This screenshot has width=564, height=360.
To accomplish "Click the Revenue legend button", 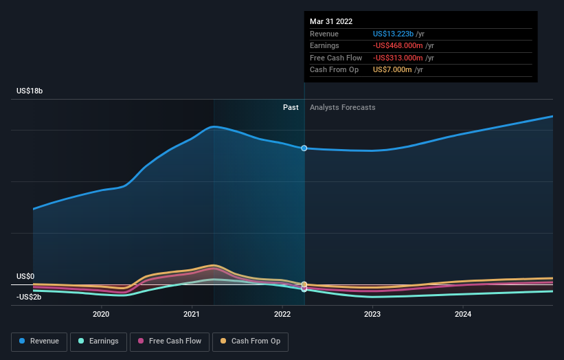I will pos(39,341).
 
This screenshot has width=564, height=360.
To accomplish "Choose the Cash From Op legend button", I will pos(249,341).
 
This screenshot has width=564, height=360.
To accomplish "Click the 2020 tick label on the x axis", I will pos(101,315).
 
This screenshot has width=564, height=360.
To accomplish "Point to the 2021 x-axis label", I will pos(192,315).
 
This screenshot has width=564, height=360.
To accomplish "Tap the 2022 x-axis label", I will pos(282,315).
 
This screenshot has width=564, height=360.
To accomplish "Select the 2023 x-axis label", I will pos(372,315).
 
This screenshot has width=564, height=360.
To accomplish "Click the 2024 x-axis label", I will pos(463,315).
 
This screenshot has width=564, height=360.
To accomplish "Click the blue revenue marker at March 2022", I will pos(304,148).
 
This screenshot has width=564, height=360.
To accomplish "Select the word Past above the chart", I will pos(291,107).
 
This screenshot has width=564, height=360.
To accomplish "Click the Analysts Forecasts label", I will pos(343,107).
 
